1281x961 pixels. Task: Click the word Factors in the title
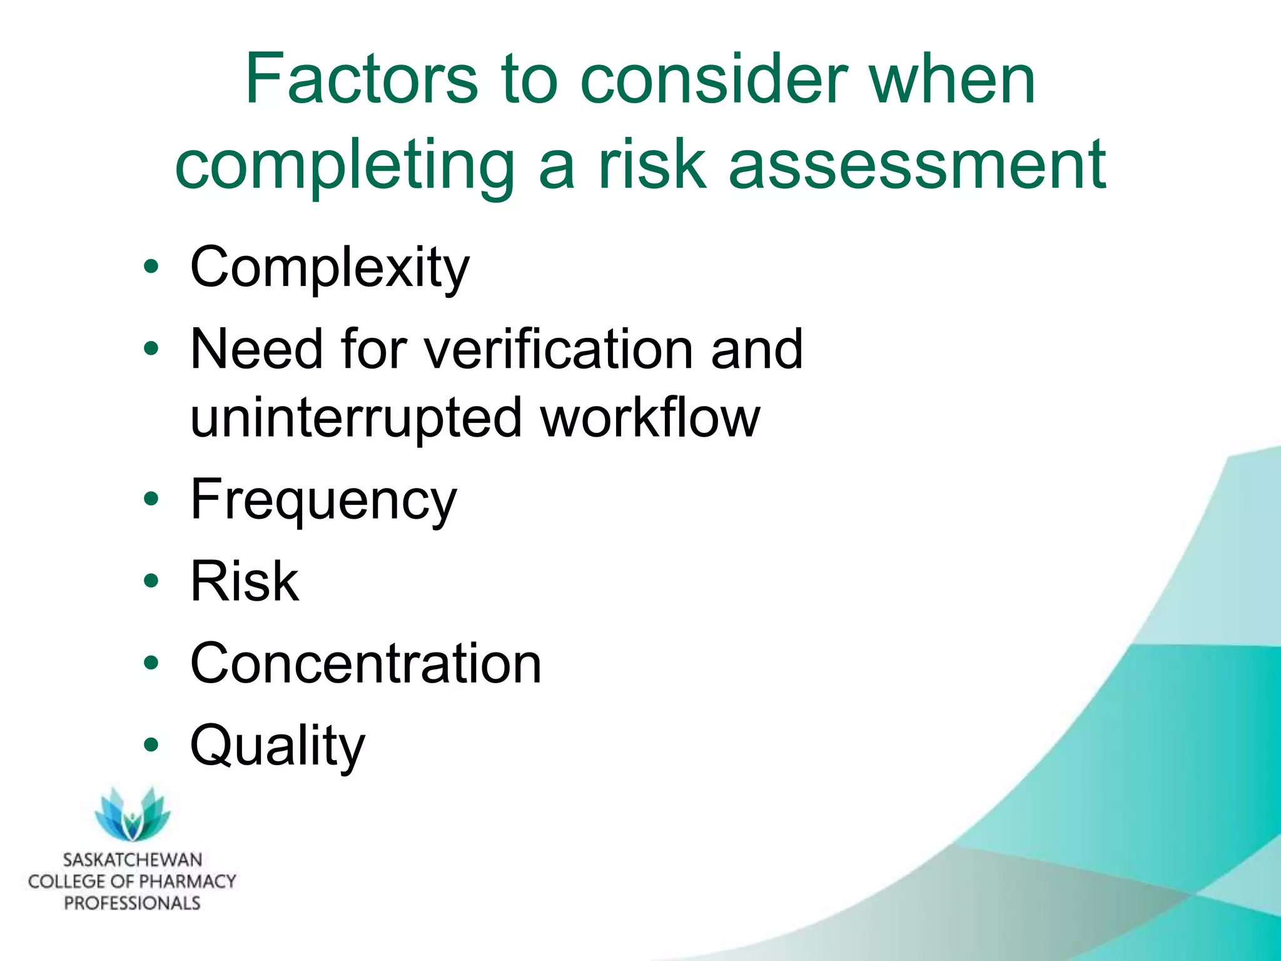362,80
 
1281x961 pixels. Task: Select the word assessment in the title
917,164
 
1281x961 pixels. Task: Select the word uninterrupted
356,418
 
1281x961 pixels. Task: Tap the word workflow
651,418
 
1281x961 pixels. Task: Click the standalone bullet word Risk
245,582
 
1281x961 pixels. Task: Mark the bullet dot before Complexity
151,268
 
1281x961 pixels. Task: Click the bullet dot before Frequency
151,499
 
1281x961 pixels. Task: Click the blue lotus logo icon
133,814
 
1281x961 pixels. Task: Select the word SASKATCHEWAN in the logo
133,860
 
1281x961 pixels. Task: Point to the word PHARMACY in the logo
183,882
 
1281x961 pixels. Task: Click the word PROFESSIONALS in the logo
133,903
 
